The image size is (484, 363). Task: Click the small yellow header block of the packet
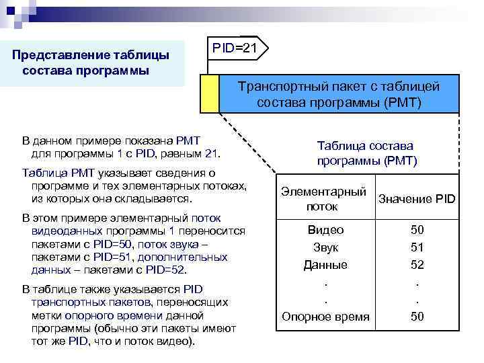(x=210, y=94)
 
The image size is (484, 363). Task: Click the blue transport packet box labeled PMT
(x=339, y=94)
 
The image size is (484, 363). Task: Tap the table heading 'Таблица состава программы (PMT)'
(x=366, y=153)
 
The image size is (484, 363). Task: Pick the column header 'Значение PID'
(x=417, y=199)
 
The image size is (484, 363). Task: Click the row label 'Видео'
(x=325, y=230)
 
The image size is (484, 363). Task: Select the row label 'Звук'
(x=325, y=247)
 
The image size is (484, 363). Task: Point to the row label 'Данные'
(x=325, y=265)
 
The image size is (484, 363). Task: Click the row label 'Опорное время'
(x=325, y=317)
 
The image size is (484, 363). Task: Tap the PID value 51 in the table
(x=417, y=247)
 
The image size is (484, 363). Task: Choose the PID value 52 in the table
(x=417, y=265)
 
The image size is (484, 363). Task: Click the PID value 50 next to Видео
(x=417, y=230)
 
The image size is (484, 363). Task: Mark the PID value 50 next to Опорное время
(x=417, y=317)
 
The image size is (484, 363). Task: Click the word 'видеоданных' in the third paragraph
(x=65, y=231)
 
